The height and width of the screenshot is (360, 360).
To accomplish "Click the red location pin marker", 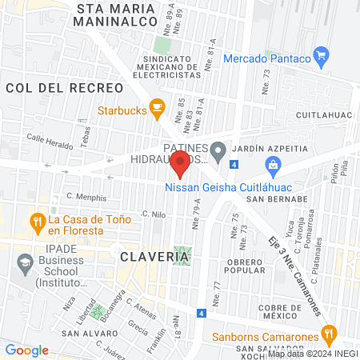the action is pos(181,163).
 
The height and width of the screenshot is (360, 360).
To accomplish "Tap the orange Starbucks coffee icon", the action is pos(158,106).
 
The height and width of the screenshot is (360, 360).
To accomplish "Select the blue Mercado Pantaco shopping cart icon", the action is pos(322,55).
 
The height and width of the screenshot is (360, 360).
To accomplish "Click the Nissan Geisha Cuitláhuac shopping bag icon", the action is pos(274,166).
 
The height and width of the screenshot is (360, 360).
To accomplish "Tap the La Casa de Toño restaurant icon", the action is pos(37,220).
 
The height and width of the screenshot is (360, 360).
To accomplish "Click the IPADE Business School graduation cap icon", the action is pos(26,262).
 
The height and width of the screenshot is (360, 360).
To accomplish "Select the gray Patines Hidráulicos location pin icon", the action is pos(218,149).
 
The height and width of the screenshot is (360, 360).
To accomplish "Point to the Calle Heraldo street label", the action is pos(50,138).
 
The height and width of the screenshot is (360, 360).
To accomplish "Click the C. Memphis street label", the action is pos(86,196).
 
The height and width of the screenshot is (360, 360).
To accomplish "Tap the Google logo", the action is pos(26,350).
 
